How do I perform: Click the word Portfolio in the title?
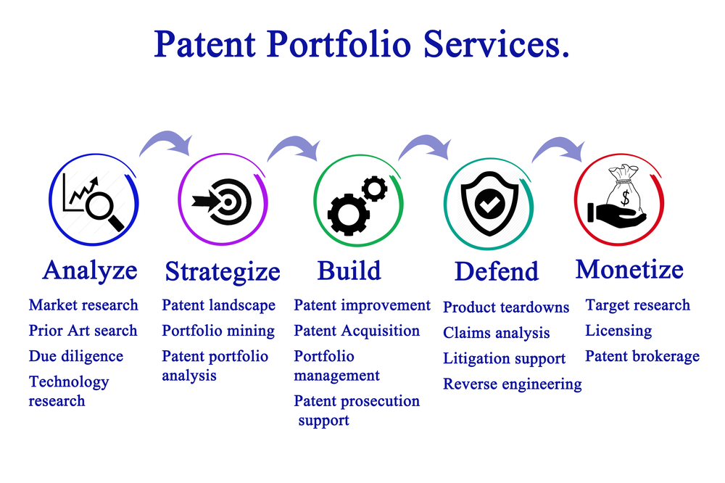339,44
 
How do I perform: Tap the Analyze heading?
90,271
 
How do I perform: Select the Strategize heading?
223,272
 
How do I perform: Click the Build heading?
349,271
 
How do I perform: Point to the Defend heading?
497,271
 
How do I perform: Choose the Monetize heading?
629,269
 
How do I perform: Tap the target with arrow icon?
222,202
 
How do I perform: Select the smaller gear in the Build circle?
375,189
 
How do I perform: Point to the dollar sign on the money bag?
625,198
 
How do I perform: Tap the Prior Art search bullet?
83,331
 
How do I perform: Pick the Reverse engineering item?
513,384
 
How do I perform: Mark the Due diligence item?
76,357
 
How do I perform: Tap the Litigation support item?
504,359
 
